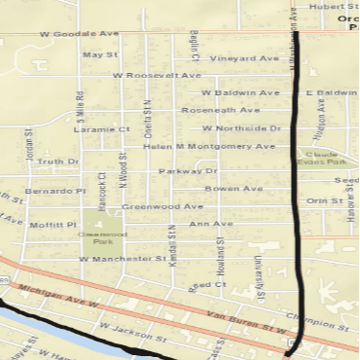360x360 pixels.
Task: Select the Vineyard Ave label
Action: click(x=245, y=58)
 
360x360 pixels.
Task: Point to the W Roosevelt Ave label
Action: click(x=157, y=75)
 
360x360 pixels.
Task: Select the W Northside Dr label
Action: click(x=242, y=128)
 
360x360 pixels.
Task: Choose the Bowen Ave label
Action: click(x=234, y=188)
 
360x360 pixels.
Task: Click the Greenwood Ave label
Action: click(x=162, y=206)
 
